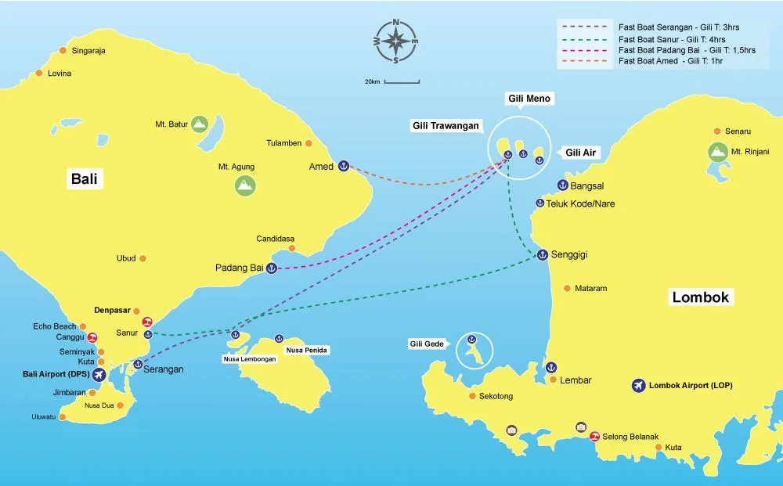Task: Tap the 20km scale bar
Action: (401, 81)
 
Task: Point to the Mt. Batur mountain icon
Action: (200, 124)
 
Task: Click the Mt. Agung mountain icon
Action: (245, 185)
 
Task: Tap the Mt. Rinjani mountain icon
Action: (716, 152)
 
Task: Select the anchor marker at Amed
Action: (343, 166)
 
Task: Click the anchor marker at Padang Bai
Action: (272, 268)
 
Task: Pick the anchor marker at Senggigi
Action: (542, 254)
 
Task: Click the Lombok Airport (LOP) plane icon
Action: (638, 386)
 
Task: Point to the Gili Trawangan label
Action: (446, 125)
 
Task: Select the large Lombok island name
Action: (699, 297)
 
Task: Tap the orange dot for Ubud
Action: (143, 258)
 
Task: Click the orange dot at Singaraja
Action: (63, 51)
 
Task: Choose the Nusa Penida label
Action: (306, 350)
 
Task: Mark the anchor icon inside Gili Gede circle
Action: (471, 339)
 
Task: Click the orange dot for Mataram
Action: (567, 288)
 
